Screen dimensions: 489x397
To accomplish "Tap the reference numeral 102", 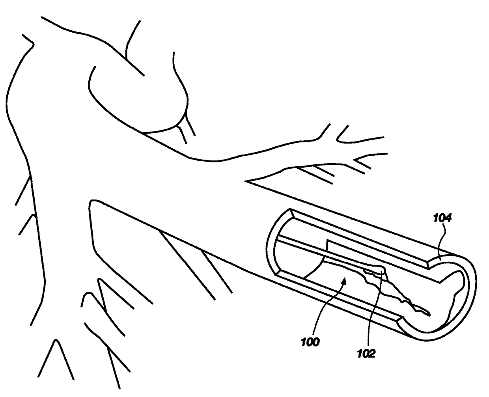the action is tap(366, 354).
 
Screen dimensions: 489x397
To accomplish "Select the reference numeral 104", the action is tap(443, 218).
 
